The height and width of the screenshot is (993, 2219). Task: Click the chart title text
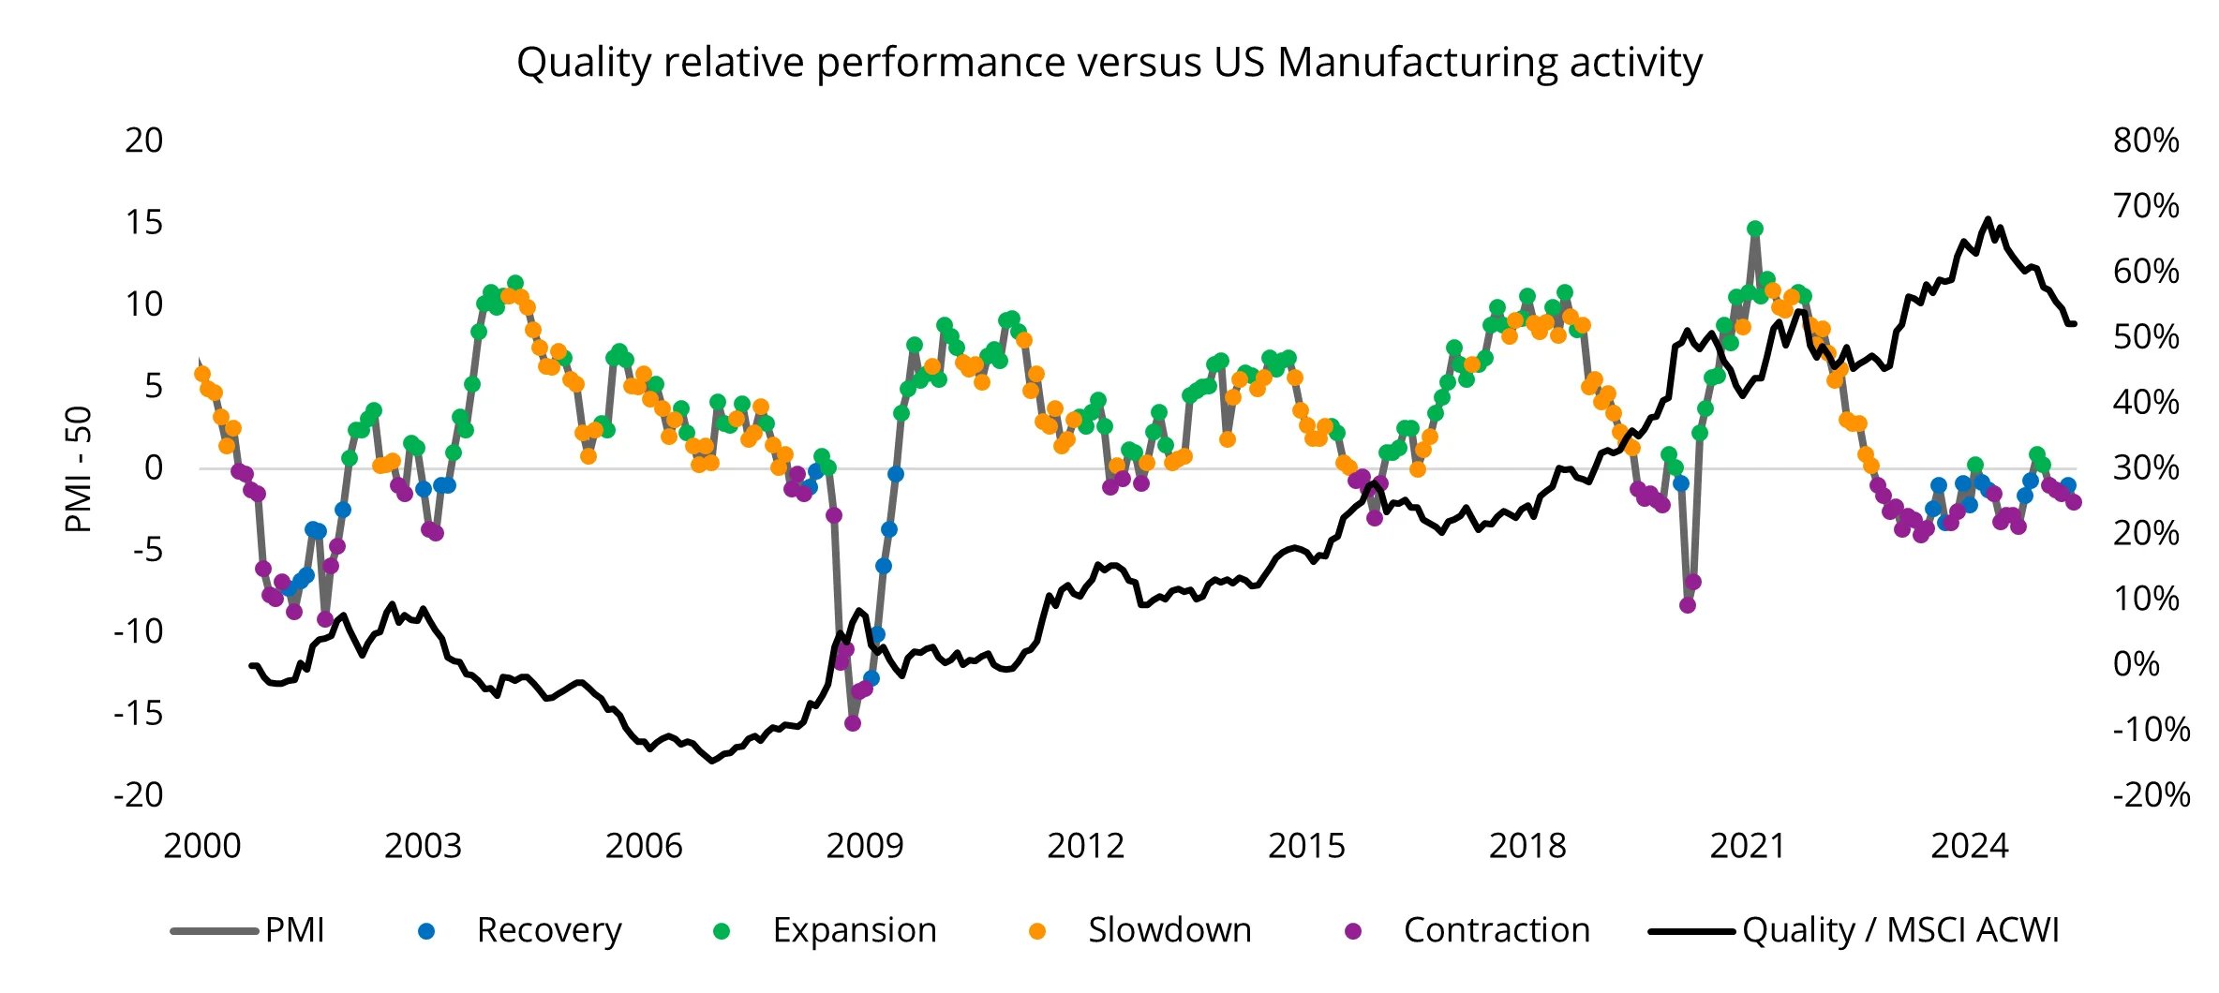pyautogui.click(x=1109, y=63)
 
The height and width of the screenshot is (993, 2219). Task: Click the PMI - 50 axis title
pyautogui.click(x=79, y=468)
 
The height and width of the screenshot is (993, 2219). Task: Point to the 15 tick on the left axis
pyautogui.click(x=143, y=222)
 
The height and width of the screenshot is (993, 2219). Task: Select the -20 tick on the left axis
pyautogui.click(x=138, y=794)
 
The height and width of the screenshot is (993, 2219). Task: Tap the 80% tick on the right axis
pyautogui.click(x=2146, y=141)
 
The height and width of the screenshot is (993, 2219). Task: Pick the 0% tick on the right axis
pyautogui.click(x=2137, y=664)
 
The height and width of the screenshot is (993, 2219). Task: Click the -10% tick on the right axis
pyautogui.click(x=2151, y=729)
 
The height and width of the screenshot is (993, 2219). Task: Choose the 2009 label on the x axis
pyautogui.click(x=864, y=846)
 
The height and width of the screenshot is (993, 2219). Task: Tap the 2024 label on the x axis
pyautogui.click(x=1969, y=846)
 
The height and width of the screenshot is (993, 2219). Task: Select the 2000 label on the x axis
pyautogui.click(x=202, y=846)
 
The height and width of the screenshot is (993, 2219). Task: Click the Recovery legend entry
pyautogui.click(x=548, y=930)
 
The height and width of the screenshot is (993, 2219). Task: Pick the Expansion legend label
pyautogui.click(x=854, y=930)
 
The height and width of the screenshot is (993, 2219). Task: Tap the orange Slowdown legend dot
pyautogui.click(x=1037, y=931)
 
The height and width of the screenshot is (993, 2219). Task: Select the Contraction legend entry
pyautogui.click(x=1497, y=930)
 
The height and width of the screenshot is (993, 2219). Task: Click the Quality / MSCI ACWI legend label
pyautogui.click(x=1900, y=930)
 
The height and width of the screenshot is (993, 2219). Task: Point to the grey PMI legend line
pyautogui.click(x=214, y=931)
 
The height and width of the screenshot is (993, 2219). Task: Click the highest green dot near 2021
pyautogui.click(x=1755, y=229)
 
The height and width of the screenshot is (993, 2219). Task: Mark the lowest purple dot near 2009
pyautogui.click(x=853, y=723)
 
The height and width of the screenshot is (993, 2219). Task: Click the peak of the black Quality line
pyautogui.click(x=1988, y=219)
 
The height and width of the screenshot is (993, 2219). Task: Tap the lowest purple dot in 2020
pyautogui.click(x=1688, y=605)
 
